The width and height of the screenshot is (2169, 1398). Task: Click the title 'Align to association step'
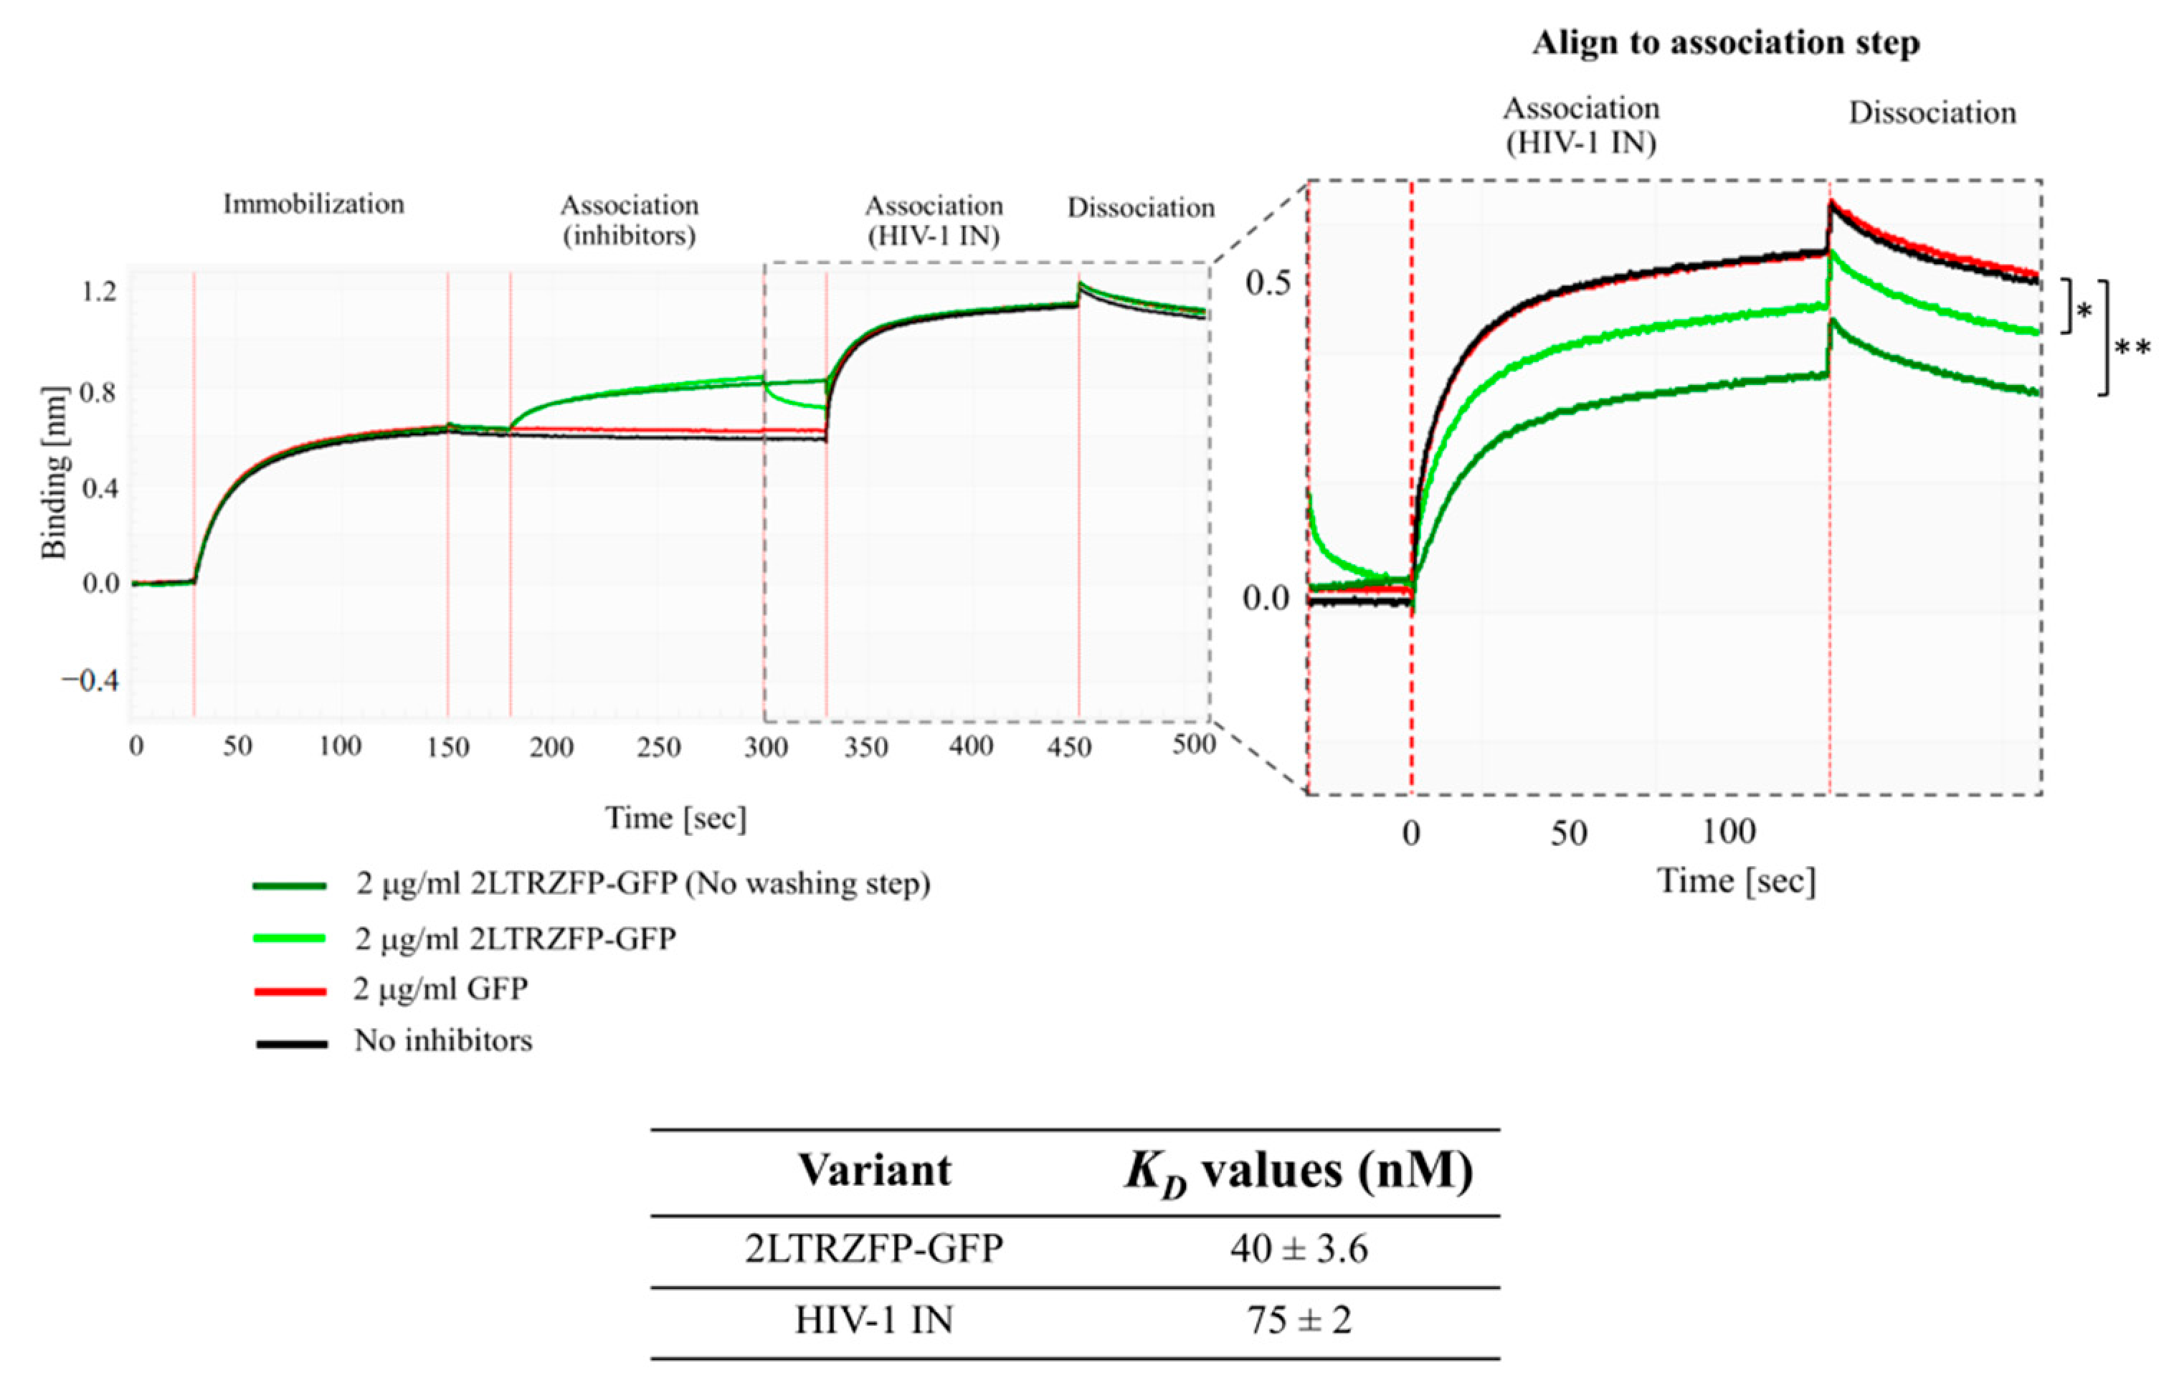pyautogui.click(x=1725, y=43)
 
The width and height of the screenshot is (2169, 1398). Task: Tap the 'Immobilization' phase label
pyautogui.click(x=313, y=204)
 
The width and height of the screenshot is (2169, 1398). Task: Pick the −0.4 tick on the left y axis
pyautogui.click(x=91, y=681)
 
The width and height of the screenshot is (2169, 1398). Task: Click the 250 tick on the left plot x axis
pyautogui.click(x=658, y=747)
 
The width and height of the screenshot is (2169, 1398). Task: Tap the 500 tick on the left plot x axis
pyautogui.click(x=1193, y=746)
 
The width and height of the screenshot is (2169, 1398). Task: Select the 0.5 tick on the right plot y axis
pyautogui.click(x=1268, y=283)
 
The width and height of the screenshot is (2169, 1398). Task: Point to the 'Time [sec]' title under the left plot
pyautogui.click(x=675, y=818)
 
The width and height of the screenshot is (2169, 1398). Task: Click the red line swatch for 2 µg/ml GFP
pyautogui.click(x=290, y=992)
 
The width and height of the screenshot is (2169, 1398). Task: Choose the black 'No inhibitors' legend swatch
pyautogui.click(x=290, y=1044)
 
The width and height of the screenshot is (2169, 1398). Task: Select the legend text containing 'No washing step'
pyautogui.click(x=642, y=883)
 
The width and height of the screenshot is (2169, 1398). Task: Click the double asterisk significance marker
pyautogui.click(x=2132, y=348)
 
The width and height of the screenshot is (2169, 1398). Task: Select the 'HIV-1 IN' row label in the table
pyautogui.click(x=874, y=1320)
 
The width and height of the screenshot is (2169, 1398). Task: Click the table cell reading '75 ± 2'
pyautogui.click(x=1299, y=1320)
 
